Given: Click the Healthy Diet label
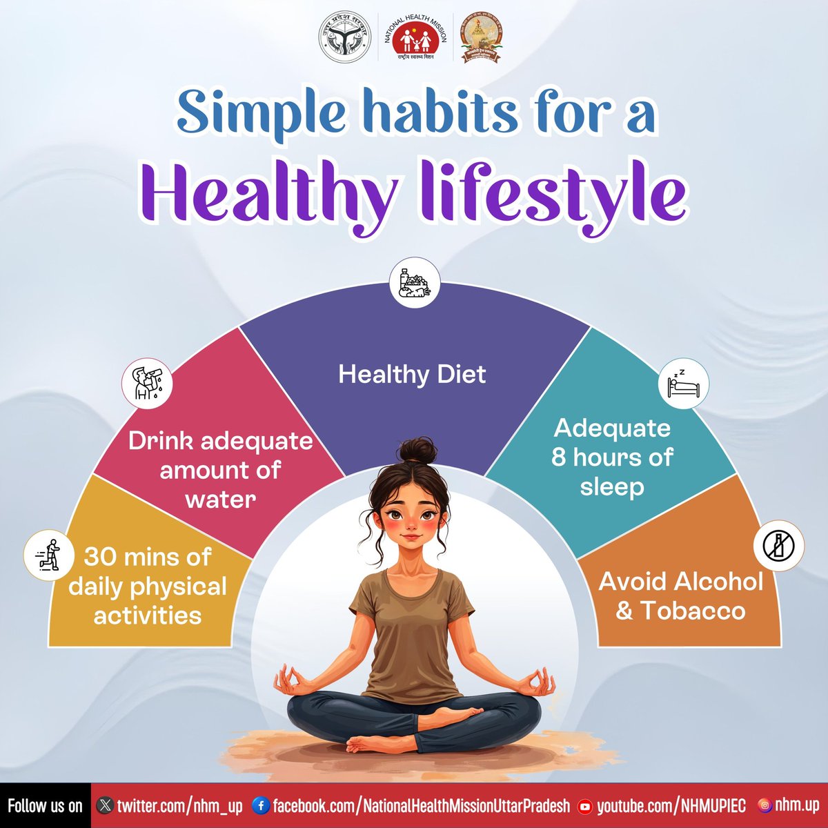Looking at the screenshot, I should [x=412, y=375].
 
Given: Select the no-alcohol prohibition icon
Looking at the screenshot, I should [x=778, y=546].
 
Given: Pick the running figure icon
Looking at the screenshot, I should [x=49, y=554].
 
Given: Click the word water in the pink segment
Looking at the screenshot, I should [x=220, y=499].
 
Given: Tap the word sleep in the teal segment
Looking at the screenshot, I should [x=611, y=486].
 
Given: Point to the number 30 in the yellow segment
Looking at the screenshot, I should [x=100, y=556].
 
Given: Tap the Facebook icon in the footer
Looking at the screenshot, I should [x=261, y=805].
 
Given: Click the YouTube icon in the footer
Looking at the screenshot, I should [x=585, y=806].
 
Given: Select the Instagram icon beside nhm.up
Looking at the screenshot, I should [x=764, y=805].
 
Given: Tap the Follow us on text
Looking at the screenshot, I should [x=45, y=805].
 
